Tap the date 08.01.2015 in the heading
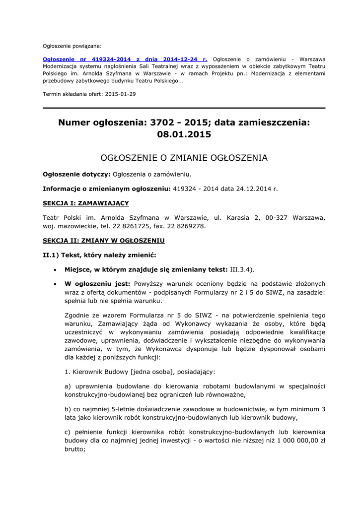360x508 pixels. (x=184, y=134)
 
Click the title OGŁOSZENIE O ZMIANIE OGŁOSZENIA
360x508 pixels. (x=184, y=158)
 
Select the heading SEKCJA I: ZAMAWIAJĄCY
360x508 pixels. (x=86, y=203)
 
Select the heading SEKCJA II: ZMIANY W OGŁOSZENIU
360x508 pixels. (x=103, y=241)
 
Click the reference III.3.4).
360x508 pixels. (x=242, y=269)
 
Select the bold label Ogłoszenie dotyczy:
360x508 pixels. (x=76, y=174)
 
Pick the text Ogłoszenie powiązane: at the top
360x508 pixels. (x=72, y=46)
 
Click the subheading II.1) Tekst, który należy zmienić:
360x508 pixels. (x=99, y=255)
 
